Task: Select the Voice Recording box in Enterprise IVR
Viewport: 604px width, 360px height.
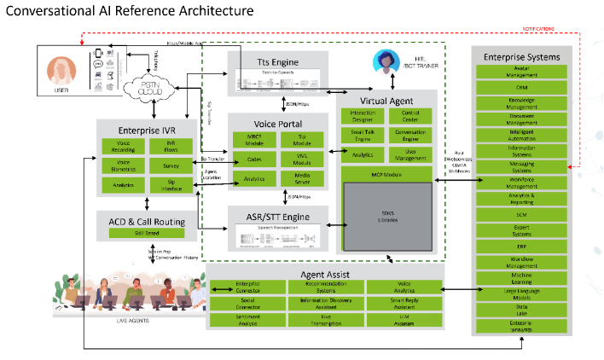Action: tap(123, 146)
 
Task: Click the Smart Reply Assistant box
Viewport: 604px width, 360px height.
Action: tap(404, 301)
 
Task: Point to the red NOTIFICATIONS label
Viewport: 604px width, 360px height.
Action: tap(559, 30)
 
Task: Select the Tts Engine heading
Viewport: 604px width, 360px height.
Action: tap(278, 62)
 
